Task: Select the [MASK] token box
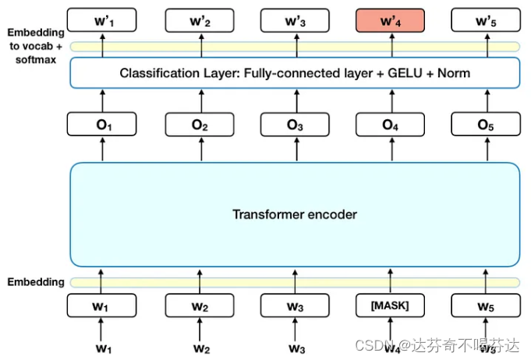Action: click(390, 306)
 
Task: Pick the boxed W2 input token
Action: click(199, 306)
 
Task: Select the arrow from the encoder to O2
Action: click(199, 150)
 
